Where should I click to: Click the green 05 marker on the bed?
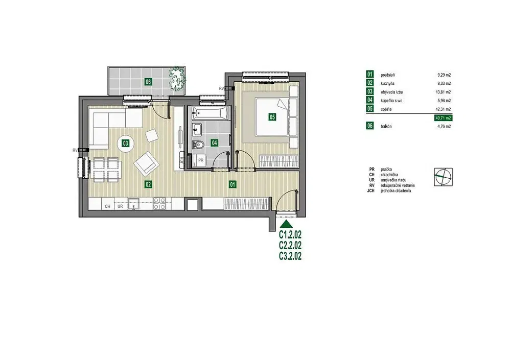tap(272, 116)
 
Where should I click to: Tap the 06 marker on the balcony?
tap(148, 82)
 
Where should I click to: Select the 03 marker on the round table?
tap(125, 142)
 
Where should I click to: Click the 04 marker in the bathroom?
tap(215, 142)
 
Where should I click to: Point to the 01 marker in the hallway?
tap(233, 185)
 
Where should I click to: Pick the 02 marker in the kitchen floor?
tap(148, 185)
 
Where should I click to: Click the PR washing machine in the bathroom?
tap(201, 160)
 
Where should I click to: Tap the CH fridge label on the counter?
tap(107, 206)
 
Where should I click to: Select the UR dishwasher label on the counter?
tap(120, 206)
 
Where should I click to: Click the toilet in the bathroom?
tap(197, 145)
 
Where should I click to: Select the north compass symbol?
tap(443, 177)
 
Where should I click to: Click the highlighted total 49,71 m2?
tap(443, 118)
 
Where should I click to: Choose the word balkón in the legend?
tap(386, 127)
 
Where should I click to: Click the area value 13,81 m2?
tap(444, 92)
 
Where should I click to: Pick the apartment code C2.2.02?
tap(290, 245)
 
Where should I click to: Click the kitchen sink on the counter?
tap(133, 204)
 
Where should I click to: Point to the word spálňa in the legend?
tap(386, 109)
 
